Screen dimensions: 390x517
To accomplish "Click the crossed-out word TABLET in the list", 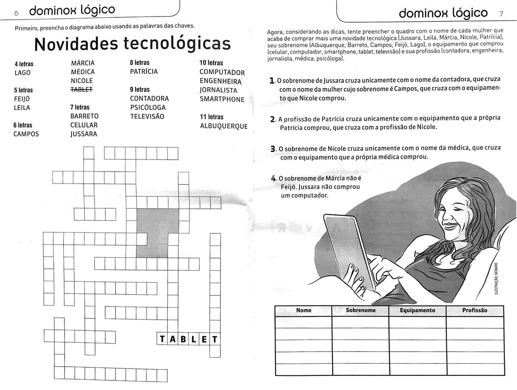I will click(x=82, y=90).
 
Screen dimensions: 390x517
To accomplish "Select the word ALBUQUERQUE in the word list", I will click(x=224, y=126).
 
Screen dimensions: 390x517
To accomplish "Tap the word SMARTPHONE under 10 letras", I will click(x=222, y=99).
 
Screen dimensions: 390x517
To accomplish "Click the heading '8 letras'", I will click(x=139, y=63).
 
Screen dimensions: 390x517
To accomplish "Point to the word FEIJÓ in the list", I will click(x=22, y=99).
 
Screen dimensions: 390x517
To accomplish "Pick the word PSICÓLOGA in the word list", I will click(x=148, y=107).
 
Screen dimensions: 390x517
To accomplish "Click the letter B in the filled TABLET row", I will click(x=183, y=339).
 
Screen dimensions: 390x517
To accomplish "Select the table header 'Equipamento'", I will click(x=417, y=310).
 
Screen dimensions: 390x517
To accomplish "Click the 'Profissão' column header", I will click(x=475, y=310).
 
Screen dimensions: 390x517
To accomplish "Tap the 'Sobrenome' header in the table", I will click(x=360, y=310).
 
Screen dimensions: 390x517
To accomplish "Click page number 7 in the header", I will click(x=501, y=14).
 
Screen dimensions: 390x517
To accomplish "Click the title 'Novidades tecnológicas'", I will click(x=132, y=44).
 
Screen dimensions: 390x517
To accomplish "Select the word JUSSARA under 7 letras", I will click(x=84, y=134).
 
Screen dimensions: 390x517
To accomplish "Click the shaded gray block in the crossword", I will click(x=153, y=233).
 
